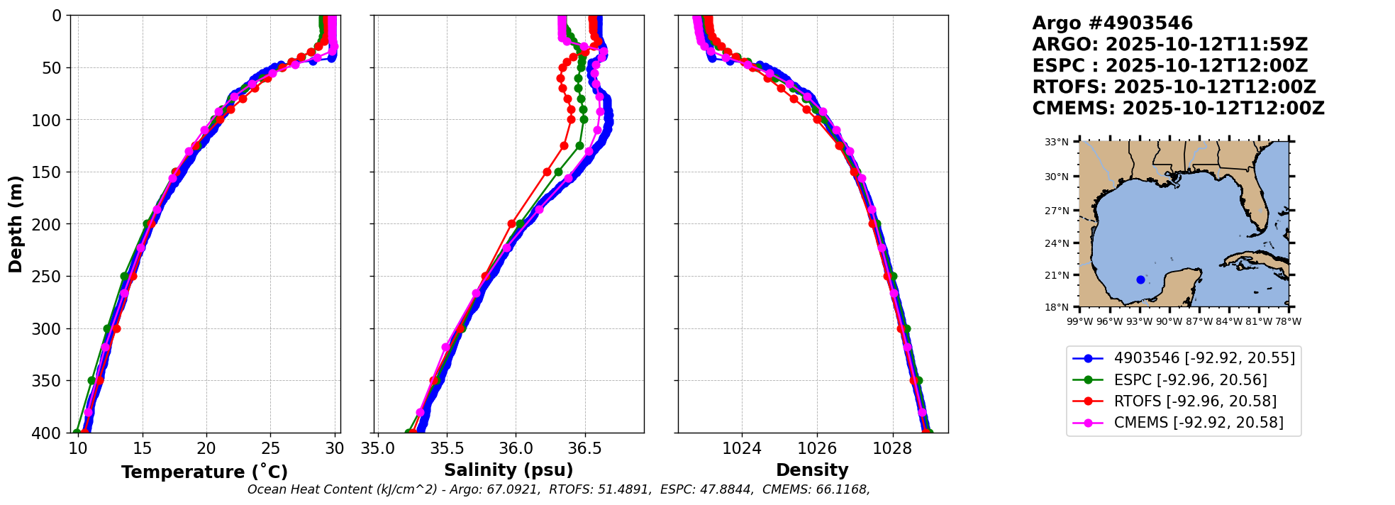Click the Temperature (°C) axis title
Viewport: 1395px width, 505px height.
pos(204,472)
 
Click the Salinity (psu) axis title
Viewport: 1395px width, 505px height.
pos(508,470)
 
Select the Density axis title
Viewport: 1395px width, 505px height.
pos(812,470)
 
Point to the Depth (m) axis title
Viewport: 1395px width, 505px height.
pos(16,223)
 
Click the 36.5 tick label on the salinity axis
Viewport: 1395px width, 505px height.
pos(585,449)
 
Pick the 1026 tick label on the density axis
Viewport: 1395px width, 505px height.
pos(817,449)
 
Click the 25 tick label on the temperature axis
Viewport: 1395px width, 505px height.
pos(271,449)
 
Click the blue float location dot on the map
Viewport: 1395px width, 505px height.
pos(1140,279)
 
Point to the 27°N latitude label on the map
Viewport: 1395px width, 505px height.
pos(1056,211)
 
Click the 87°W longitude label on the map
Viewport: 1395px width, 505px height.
pos(1199,322)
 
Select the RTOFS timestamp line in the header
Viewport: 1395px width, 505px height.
pos(1174,87)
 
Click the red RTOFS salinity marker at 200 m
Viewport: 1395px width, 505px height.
pos(511,224)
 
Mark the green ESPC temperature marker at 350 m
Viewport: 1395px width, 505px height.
pos(91,381)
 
